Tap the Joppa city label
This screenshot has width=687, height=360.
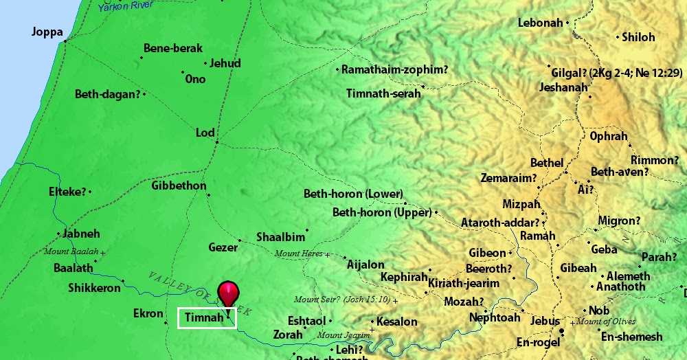pyautogui.click(x=47, y=32)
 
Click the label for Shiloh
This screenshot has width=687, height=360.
pyautogui.click(x=638, y=37)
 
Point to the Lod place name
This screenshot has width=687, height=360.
pyautogui.click(x=205, y=133)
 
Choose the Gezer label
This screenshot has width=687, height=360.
pyautogui.click(x=223, y=246)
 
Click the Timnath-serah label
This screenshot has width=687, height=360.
pyautogui.click(x=383, y=93)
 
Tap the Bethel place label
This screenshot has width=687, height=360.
pyautogui.click(x=546, y=164)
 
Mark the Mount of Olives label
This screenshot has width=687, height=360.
pyautogui.click(x=606, y=322)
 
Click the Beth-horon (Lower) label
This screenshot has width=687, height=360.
pyautogui.click(x=353, y=194)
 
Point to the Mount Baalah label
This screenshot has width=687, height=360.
pyautogui.click(x=71, y=252)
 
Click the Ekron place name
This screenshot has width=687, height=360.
pyautogui.click(x=148, y=314)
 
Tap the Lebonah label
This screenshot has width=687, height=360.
pyautogui.click(x=540, y=23)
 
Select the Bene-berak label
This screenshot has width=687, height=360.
pyautogui.click(x=173, y=49)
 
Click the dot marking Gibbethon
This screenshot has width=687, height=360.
pyautogui.click(x=209, y=194)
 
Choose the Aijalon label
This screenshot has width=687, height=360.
pyautogui.click(x=366, y=265)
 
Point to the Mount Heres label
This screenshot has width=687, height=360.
pyautogui.click(x=299, y=254)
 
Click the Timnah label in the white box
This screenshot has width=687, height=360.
pyautogui.click(x=205, y=318)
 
